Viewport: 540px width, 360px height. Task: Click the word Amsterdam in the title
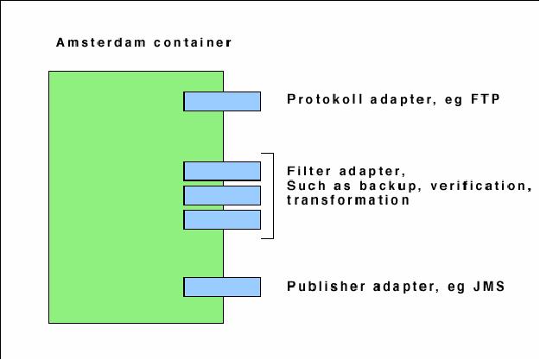91,41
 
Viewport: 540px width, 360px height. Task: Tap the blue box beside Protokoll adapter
222,101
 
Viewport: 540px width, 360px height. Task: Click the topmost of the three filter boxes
222,171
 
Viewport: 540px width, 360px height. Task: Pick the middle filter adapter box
222,195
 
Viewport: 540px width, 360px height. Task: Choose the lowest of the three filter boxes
222,219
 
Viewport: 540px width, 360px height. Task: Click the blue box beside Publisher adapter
222,287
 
